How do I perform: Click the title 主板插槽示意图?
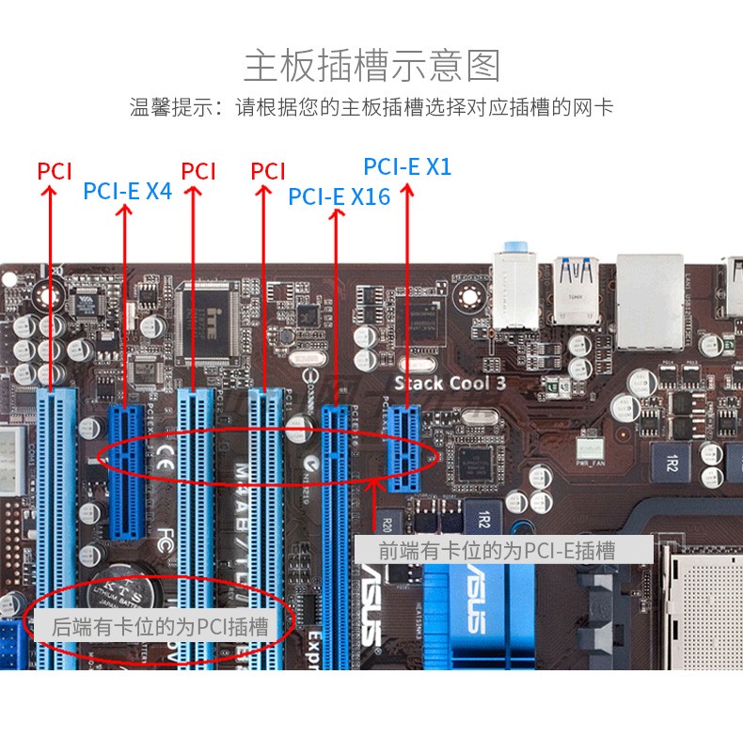[x=371, y=66]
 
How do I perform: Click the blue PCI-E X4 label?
[x=127, y=191]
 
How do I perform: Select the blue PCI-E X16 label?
[x=339, y=196]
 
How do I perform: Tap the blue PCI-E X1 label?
[x=407, y=167]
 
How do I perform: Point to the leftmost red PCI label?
[x=55, y=171]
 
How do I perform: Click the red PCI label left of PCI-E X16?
[x=268, y=171]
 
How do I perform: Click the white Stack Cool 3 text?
[x=450, y=383]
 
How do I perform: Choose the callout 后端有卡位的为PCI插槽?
[x=160, y=626]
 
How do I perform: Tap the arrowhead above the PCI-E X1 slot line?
[x=406, y=187]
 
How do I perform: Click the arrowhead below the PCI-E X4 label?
[x=125, y=210]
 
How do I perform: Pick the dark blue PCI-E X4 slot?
[x=125, y=470]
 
